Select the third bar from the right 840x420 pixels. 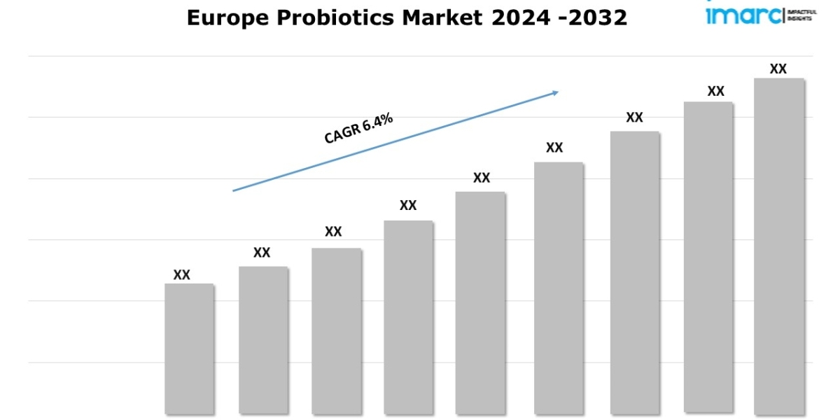coord(634,272)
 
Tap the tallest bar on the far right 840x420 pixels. coord(778,246)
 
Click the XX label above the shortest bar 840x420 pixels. coord(182,275)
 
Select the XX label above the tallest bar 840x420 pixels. coord(778,69)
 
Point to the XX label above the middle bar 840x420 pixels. coord(482,178)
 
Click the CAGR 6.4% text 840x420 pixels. coord(358,129)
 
